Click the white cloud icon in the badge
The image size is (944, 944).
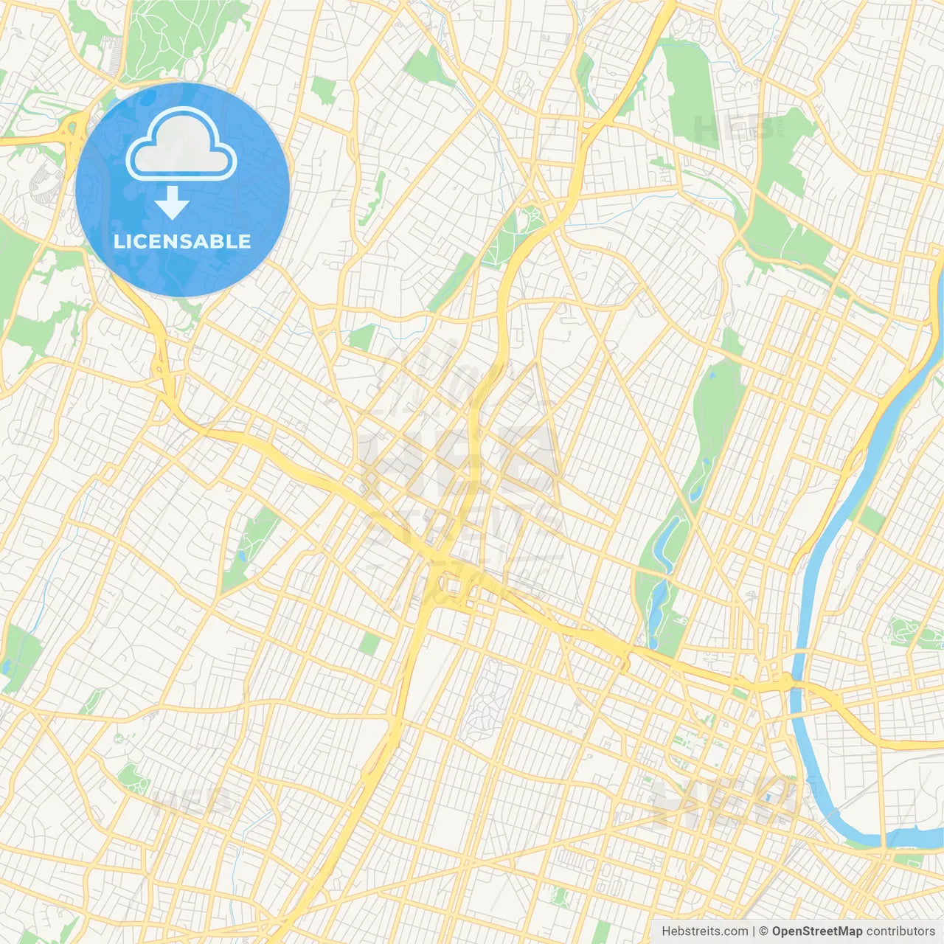pyautogui.click(x=181, y=145)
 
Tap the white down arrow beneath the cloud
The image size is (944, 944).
pyautogui.click(x=172, y=204)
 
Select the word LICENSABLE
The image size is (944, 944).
pyautogui.click(x=182, y=241)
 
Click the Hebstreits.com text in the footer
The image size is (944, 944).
pyautogui.click(x=705, y=931)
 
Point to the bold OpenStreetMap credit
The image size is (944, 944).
pyautogui.click(x=816, y=931)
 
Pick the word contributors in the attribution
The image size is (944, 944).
pyautogui.click(x=900, y=931)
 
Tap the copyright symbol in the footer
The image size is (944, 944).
pyautogui.click(x=764, y=931)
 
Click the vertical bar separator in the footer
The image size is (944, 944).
pyautogui.click(x=754, y=931)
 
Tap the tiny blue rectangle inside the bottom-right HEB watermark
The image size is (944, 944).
pyautogui.click(x=768, y=796)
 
